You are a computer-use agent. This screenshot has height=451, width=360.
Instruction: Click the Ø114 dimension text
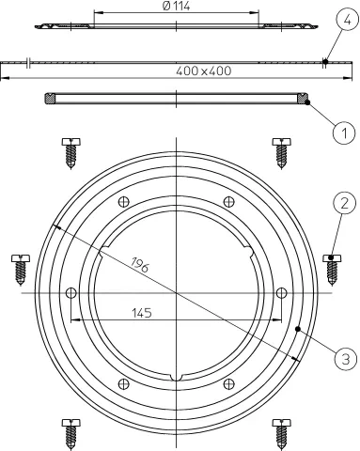177,7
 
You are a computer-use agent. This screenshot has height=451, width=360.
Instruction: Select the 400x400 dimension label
204,71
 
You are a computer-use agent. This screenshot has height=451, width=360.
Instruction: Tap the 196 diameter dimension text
140,265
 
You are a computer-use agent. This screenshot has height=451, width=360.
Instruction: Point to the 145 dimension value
142,313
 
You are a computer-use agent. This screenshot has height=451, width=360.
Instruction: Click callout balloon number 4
347,20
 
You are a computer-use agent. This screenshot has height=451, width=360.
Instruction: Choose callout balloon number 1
344,133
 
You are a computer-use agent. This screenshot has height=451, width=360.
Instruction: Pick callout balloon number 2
344,203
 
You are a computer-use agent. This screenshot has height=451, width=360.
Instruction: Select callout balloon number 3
346,359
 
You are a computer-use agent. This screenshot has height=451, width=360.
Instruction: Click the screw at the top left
70,153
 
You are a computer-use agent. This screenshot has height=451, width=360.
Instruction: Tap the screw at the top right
281,153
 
